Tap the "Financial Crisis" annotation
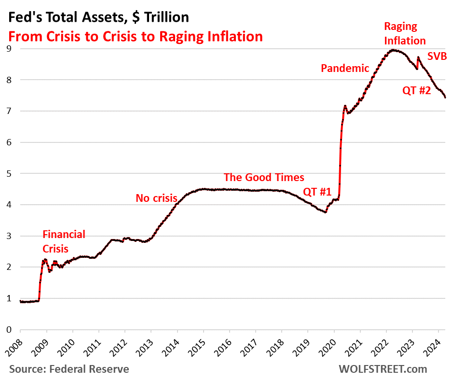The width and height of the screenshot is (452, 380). click(x=64, y=241)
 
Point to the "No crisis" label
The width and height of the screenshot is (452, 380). click(x=156, y=197)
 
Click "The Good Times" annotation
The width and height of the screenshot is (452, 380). click(x=264, y=177)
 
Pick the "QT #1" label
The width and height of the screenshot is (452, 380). click(x=317, y=192)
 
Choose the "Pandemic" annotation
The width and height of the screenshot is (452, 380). click(x=345, y=68)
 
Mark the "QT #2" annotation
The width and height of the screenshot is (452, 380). click(x=416, y=89)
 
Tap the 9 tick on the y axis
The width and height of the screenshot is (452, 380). click(x=9, y=48)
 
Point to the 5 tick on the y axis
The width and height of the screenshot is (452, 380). click(x=9, y=173)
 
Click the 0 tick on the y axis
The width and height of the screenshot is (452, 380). click(x=9, y=330)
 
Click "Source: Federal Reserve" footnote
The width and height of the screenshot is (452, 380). click(x=69, y=369)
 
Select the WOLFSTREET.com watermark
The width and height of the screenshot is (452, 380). click(x=383, y=369)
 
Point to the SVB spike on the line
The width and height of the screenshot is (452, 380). click(x=418, y=57)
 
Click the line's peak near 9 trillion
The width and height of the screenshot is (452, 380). click(x=394, y=50)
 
